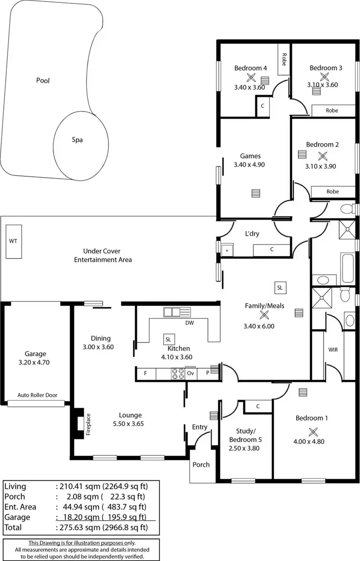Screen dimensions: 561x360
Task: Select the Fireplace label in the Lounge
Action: click(88, 424)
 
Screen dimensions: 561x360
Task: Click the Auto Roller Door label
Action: click(37, 395)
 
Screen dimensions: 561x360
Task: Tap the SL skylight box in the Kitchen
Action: click(168, 339)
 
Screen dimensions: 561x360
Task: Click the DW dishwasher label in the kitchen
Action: click(190, 323)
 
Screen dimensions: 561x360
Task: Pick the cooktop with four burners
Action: click(178, 373)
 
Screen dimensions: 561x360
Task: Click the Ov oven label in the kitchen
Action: click(191, 373)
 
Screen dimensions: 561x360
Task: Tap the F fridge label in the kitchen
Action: click(145, 373)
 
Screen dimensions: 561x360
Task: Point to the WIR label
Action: click(333, 350)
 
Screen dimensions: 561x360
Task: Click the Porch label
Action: click(201, 464)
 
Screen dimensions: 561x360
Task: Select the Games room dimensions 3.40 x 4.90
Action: click(250, 165)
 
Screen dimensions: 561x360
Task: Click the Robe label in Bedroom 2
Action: click(332, 192)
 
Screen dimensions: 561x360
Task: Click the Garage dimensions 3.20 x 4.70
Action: click(36, 363)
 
